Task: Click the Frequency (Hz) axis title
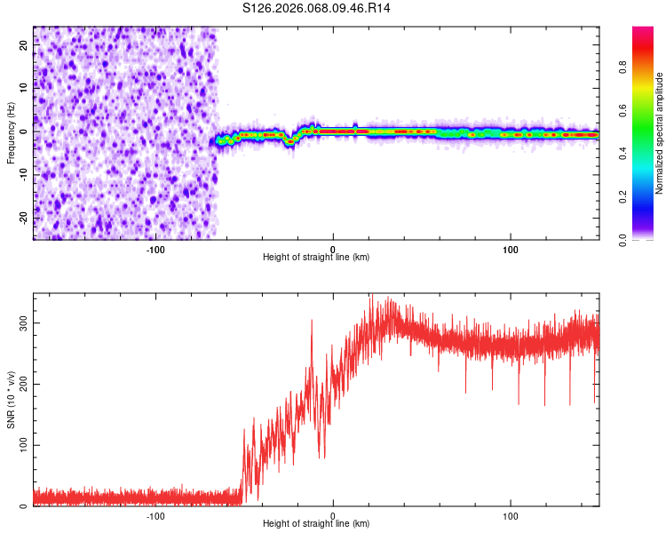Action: tap(11, 133)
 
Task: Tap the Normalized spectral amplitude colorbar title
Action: tap(660, 133)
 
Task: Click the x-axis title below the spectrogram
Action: tap(316, 258)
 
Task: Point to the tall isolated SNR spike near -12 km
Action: tap(312, 322)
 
